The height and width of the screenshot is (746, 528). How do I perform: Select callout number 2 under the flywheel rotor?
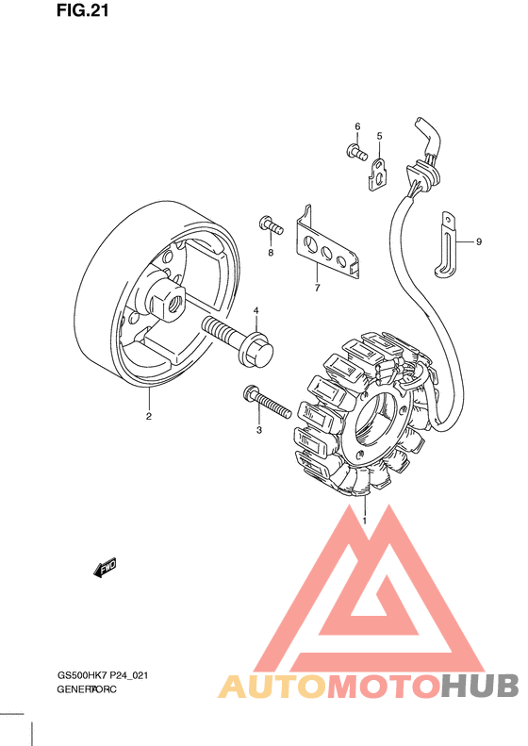click(148, 416)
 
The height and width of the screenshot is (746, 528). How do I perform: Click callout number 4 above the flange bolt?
click(255, 311)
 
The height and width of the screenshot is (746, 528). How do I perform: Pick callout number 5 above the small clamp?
click(379, 136)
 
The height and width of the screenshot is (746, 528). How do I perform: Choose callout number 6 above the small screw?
click(357, 126)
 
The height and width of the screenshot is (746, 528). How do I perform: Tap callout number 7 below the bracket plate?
click(317, 288)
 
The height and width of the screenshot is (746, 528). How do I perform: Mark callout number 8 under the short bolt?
click(270, 253)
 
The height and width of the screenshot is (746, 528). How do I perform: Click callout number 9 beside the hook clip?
click(478, 242)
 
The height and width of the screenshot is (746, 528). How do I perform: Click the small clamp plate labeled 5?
click(377, 174)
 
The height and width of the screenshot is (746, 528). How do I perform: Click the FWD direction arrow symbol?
click(104, 567)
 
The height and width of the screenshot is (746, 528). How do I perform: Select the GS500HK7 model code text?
click(81, 676)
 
